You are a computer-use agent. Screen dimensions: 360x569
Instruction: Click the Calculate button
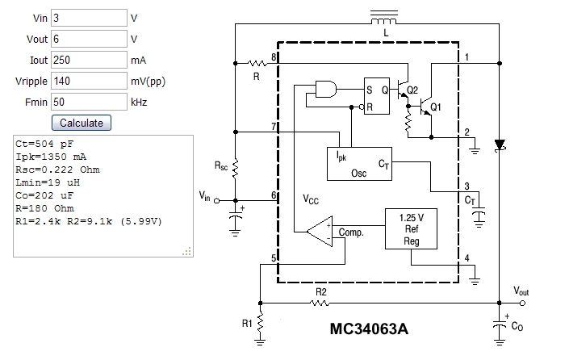82,123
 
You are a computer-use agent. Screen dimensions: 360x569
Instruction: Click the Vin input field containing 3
88,18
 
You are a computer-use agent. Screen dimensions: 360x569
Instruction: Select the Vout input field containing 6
88,39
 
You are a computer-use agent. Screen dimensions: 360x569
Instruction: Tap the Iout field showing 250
88,60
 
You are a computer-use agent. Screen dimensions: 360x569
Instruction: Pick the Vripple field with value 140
88,81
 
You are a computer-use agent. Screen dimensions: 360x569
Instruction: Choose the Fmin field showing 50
88,102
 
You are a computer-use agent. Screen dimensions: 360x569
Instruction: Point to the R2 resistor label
321,291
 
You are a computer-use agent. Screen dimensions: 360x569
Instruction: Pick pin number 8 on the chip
274,57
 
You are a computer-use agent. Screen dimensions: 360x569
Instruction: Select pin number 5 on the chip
274,258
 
